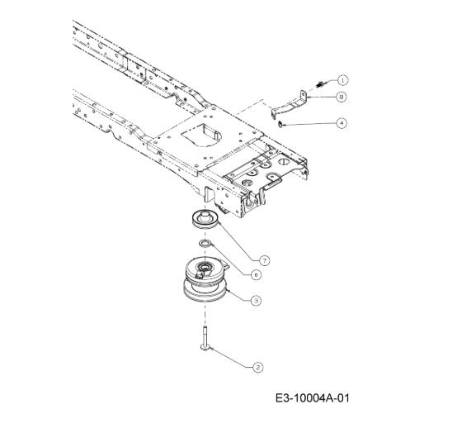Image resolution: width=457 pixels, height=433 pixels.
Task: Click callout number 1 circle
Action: pyautogui.click(x=343, y=80)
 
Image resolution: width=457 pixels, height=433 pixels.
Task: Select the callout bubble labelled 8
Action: pyautogui.click(x=342, y=97)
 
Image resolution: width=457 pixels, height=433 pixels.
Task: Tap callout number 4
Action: pyautogui.click(x=342, y=123)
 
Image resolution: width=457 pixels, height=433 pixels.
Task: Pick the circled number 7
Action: pyautogui.click(x=265, y=260)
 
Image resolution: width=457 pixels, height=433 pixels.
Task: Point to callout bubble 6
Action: pyautogui.click(x=257, y=274)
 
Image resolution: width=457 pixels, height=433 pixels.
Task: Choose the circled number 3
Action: pyautogui.click(x=257, y=300)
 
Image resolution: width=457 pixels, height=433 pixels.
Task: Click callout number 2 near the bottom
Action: pyautogui.click(x=257, y=367)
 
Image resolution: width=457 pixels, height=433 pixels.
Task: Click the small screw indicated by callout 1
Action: pyautogui.click(x=321, y=84)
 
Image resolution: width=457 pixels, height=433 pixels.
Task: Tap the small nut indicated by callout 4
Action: pyautogui.click(x=280, y=124)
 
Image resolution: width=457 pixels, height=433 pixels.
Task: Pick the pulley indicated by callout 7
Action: pyautogui.click(x=205, y=220)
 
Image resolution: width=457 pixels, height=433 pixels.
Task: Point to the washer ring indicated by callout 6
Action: pyautogui.click(x=205, y=243)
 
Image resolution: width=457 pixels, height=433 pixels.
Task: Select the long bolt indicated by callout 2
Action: pyautogui.click(x=205, y=338)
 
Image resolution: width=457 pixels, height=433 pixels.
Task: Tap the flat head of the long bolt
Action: pyautogui.click(x=205, y=347)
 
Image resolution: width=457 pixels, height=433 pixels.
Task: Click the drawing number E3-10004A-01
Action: pyautogui.click(x=312, y=398)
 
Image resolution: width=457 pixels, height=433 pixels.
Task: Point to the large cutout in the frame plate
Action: pyautogui.click(x=201, y=135)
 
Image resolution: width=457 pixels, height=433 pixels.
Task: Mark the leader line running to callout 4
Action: pyautogui.click(x=309, y=124)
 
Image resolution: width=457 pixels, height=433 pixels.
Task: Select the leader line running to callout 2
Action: pyautogui.click(x=232, y=357)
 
